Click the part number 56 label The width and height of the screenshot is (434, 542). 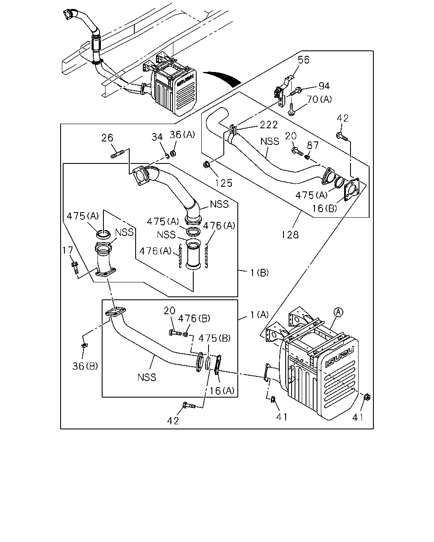click(x=303, y=60)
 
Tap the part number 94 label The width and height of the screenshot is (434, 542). click(x=324, y=86)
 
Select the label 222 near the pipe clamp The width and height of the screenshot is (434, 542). click(x=269, y=125)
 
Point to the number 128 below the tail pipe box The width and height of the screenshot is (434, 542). click(x=290, y=235)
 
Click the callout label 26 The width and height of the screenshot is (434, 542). click(x=107, y=138)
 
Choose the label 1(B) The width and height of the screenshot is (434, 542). click(x=259, y=273)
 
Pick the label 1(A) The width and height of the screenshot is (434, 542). click(x=259, y=315)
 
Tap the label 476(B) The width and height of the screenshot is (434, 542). click(x=194, y=318)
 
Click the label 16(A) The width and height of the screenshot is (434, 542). click(x=222, y=391)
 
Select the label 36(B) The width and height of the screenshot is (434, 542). click(x=85, y=366)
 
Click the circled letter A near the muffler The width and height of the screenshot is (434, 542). click(x=338, y=312)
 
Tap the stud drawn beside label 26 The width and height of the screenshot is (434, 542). click(x=117, y=154)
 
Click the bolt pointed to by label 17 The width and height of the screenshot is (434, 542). click(x=75, y=268)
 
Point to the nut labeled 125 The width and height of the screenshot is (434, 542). click(x=206, y=165)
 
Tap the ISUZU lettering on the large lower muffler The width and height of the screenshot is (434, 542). click(x=339, y=357)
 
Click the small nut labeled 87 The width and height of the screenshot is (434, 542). click(x=307, y=158)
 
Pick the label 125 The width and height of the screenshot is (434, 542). click(x=223, y=183)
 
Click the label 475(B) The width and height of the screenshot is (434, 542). click(x=214, y=338)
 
